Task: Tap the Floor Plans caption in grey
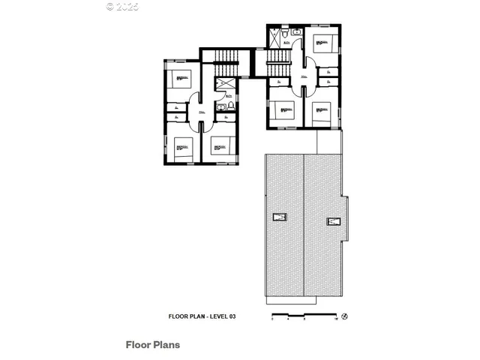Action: pos(152,346)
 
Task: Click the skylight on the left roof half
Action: pos(280,217)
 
